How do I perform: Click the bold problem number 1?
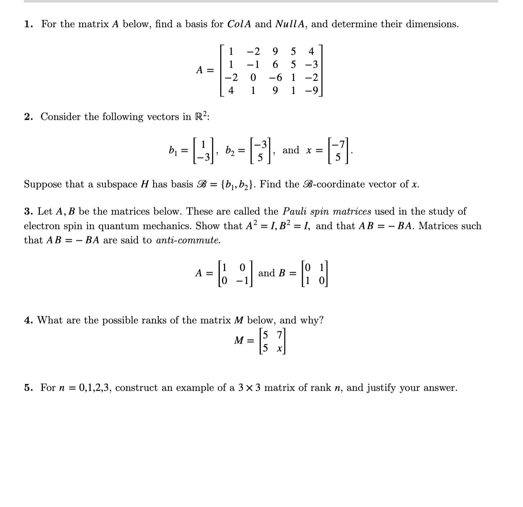28,25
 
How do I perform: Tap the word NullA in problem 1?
290,25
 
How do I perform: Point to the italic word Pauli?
295,211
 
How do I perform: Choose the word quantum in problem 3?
116,226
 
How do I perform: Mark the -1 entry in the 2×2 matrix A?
243,280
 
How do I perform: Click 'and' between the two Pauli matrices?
266,273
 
